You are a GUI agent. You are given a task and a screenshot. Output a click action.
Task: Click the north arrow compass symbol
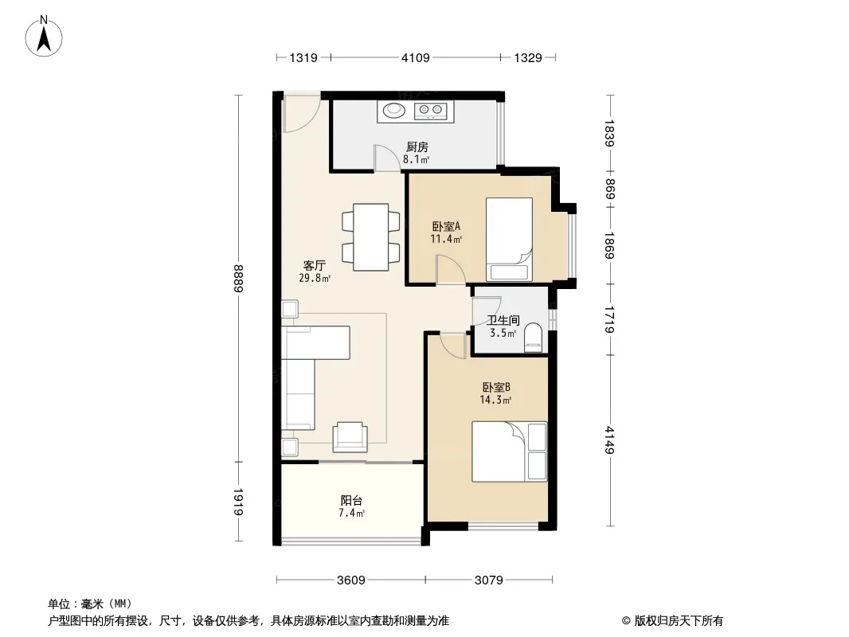(x=44, y=37)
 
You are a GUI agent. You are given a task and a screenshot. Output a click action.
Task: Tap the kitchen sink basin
(x=393, y=111)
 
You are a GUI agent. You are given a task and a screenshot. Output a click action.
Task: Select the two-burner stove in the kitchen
(x=430, y=111)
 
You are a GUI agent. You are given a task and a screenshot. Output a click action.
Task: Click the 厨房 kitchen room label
(x=417, y=147)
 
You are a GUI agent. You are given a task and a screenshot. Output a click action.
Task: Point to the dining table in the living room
(x=371, y=237)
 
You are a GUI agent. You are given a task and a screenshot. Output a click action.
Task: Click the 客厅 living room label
(x=314, y=266)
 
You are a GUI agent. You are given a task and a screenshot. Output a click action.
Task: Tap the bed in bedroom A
(x=509, y=239)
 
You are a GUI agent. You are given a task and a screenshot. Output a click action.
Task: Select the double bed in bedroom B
(x=509, y=451)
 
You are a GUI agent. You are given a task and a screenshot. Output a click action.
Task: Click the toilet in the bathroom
(x=534, y=338)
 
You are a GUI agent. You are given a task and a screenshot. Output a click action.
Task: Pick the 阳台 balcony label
(x=351, y=501)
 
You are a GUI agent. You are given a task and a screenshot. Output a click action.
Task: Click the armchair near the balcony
(x=350, y=437)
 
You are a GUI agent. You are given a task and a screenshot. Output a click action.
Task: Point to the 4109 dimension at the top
(x=415, y=57)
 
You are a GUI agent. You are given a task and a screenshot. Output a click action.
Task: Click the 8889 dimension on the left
(x=239, y=278)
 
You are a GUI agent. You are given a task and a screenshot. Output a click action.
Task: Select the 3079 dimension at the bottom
(x=489, y=580)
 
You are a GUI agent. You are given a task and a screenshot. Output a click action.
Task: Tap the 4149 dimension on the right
(x=610, y=440)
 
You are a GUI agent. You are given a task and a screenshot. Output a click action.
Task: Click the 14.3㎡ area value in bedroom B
(x=495, y=400)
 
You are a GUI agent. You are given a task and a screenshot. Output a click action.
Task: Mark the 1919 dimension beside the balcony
(x=239, y=502)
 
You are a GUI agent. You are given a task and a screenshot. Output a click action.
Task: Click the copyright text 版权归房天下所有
(x=678, y=621)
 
